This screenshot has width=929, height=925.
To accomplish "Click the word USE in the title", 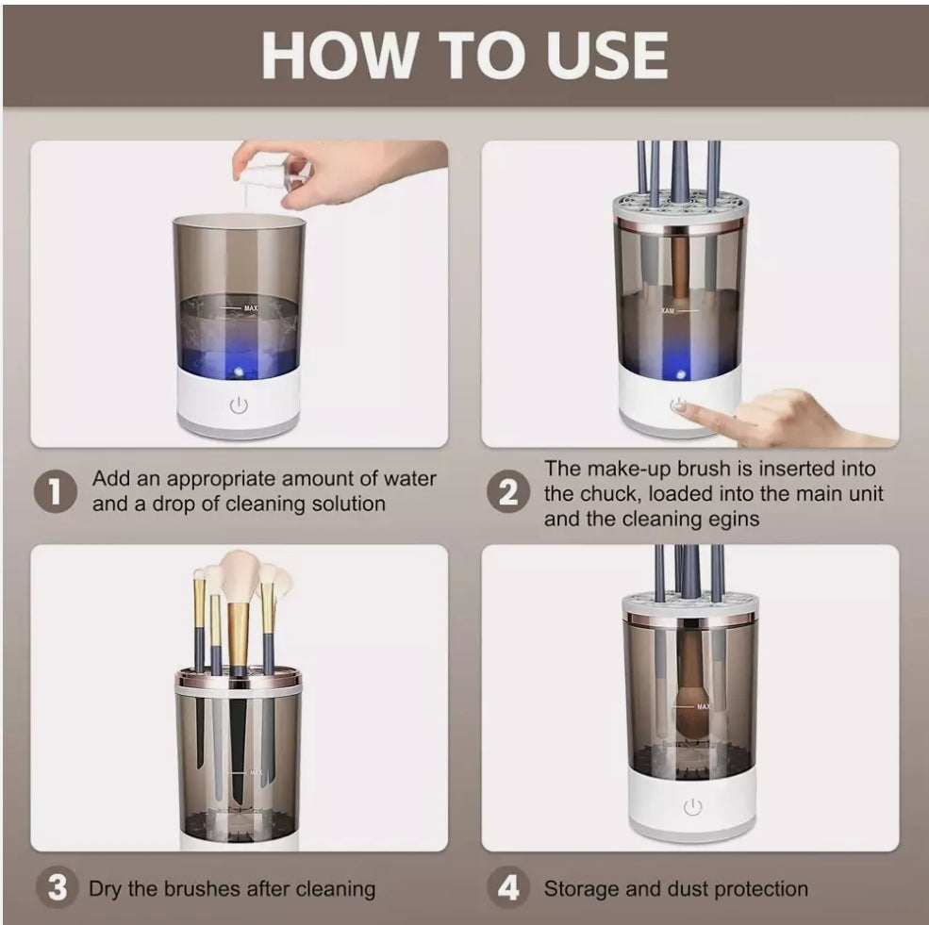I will point(593,56).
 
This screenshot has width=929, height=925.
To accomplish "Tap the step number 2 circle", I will point(508,492).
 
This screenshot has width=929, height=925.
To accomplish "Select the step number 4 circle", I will point(508,888).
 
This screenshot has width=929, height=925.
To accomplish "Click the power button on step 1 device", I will point(239,405).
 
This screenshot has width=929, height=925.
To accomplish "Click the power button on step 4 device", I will point(692,807).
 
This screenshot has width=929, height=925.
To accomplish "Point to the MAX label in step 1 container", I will point(249,308).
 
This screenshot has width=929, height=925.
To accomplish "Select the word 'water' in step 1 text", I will point(410,478).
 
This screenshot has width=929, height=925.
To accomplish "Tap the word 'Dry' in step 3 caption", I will point(107,888).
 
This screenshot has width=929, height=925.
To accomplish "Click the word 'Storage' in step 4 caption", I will point(581,888).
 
